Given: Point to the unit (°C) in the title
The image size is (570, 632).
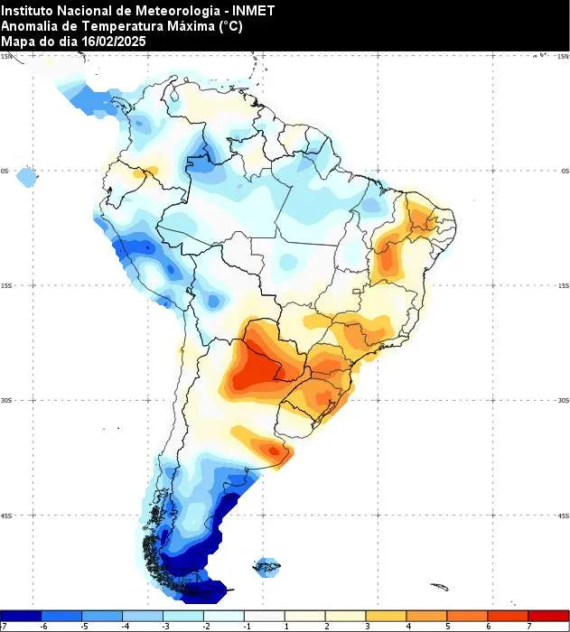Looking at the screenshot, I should point(229,26).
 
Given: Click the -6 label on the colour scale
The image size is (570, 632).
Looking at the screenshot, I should point(42,625).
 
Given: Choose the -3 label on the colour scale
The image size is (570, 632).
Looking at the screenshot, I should point(164,625).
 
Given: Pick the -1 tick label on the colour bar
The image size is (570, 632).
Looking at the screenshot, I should point(246,625).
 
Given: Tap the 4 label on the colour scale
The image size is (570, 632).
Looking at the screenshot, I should point(407,625).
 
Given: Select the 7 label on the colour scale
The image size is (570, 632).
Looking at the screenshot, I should point(528,625).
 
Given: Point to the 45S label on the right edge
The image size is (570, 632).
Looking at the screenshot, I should point(563,516).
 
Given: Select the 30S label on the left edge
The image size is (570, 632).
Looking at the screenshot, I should point(6,401).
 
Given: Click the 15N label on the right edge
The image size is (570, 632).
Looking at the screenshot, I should point(563,56).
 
